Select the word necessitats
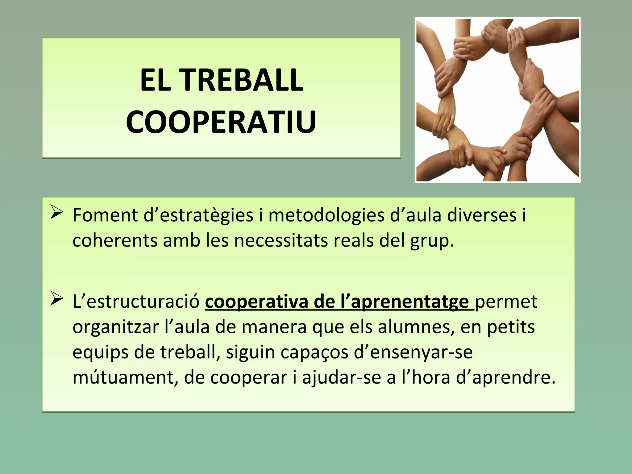281,241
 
